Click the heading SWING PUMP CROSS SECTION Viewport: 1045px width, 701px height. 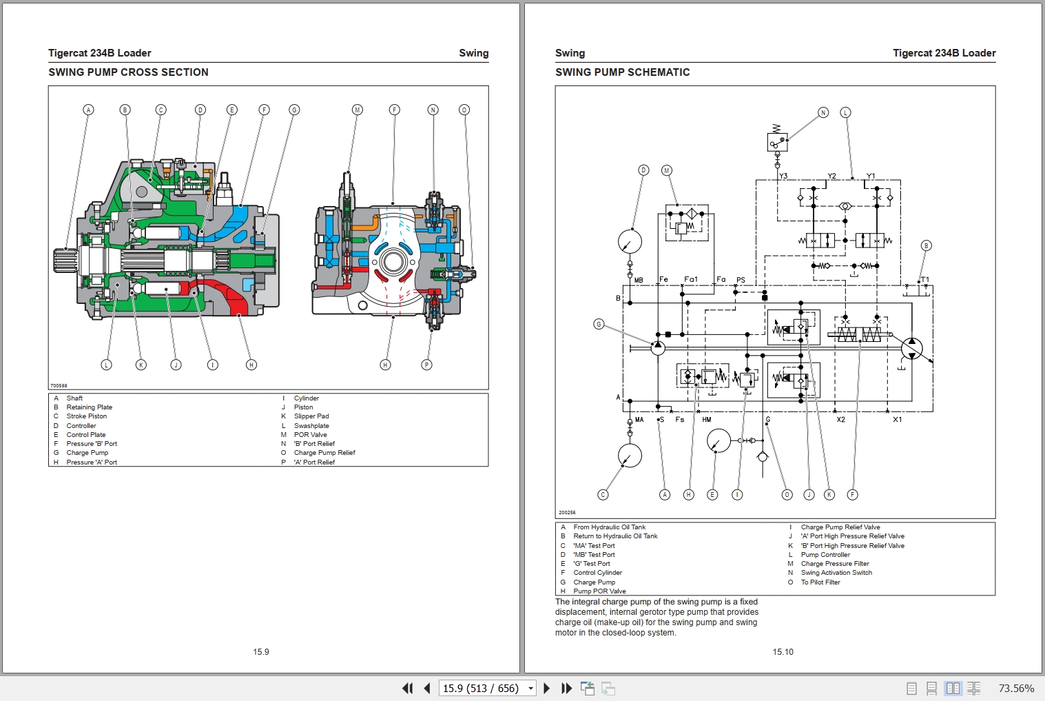[x=128, y=72]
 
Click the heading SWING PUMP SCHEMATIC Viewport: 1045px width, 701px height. [x=622, y=72]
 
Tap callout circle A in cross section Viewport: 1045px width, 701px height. [x=88, y=110]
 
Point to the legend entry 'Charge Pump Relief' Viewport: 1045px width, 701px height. [x=324, y=453]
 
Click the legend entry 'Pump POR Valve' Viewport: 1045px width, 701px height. [x=599, y=591]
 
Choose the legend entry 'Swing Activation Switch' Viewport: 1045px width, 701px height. [x=836, y=573]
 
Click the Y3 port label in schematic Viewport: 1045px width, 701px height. [x=783, y=176]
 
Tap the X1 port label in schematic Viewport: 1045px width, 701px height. [x=897, y=420]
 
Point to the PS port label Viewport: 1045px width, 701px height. [x=741, y=280]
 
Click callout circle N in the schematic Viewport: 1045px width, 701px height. [x=823, y=112]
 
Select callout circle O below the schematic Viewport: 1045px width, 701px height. [x=787, y=495]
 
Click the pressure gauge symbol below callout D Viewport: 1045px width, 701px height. [x=630, y=242]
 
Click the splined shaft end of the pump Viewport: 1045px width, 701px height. [x=66, y=261]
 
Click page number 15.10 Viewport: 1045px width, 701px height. [x=783, y=652]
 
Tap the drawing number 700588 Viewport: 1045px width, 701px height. [x=59, y=386]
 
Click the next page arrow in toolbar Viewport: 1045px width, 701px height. [x=547, y=688]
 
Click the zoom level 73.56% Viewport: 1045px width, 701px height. [x=1016, y=688]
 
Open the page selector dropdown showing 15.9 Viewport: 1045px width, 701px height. [x=530, y=688]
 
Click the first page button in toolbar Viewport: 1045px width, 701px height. [x=407, y=688]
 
